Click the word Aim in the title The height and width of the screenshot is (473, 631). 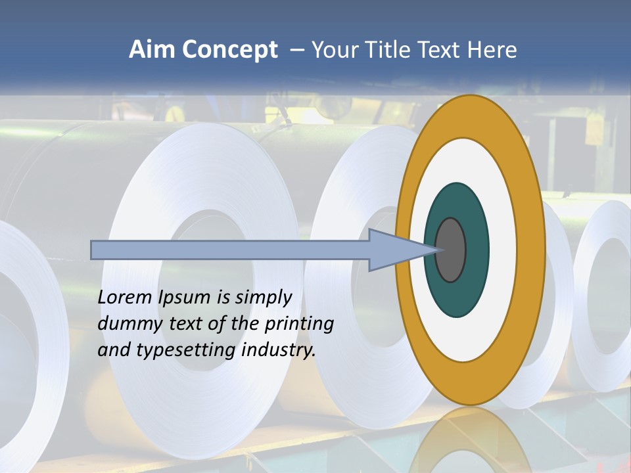point(152,50)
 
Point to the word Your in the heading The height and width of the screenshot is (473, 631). point(333,50)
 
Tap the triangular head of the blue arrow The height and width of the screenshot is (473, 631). point(394,250)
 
